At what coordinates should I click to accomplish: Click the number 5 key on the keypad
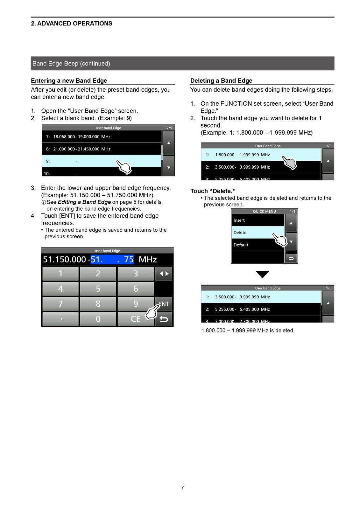point(98,289)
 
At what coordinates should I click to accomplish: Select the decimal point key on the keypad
point(60,319)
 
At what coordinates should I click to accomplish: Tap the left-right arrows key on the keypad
point(164,274)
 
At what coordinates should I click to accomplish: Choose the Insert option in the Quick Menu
point(258,220)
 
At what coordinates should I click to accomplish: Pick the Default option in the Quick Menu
point(258,245)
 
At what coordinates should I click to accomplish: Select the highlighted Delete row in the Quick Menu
point(258,233)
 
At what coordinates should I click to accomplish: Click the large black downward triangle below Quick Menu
point(262,274)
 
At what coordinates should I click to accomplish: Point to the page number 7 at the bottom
point(182,488)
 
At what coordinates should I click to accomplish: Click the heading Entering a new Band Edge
point(69,81)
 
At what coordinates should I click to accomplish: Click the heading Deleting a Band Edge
point(221,81)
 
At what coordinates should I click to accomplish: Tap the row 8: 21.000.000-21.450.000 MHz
point(102,149)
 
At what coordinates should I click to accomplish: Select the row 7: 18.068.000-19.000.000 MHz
point(102,136)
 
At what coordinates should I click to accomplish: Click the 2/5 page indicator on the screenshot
point(169,128)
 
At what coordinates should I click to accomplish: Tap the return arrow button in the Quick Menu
point(291,258)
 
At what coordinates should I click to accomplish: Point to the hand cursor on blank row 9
point(124,167)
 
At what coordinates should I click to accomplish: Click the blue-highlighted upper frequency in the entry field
point(112,260)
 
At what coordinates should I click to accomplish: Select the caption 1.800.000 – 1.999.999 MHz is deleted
point(248,331)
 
